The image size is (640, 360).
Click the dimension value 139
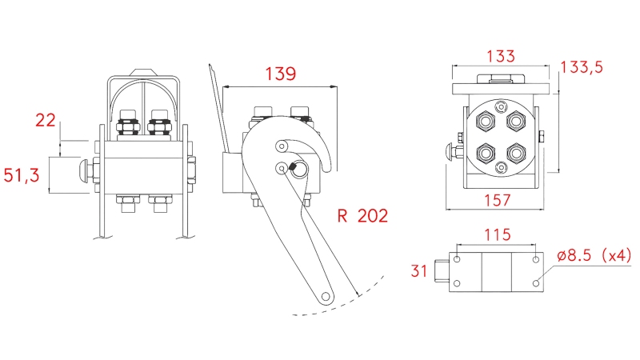pos(279,74)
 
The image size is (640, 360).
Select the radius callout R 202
pos(362,215)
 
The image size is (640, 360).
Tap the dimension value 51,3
pos(22,175)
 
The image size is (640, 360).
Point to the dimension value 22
pos(46,120)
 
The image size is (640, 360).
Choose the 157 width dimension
pos(498,200)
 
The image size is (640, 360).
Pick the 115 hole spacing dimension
pos(497,236)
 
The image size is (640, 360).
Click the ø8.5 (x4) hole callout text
pos(594,256)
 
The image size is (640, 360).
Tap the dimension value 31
pos(419,271)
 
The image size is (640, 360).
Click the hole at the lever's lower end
pos(326,295)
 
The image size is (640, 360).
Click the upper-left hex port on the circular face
pos(486,121)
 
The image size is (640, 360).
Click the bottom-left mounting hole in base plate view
pos(457,283)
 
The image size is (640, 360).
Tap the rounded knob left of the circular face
pos(449,152)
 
